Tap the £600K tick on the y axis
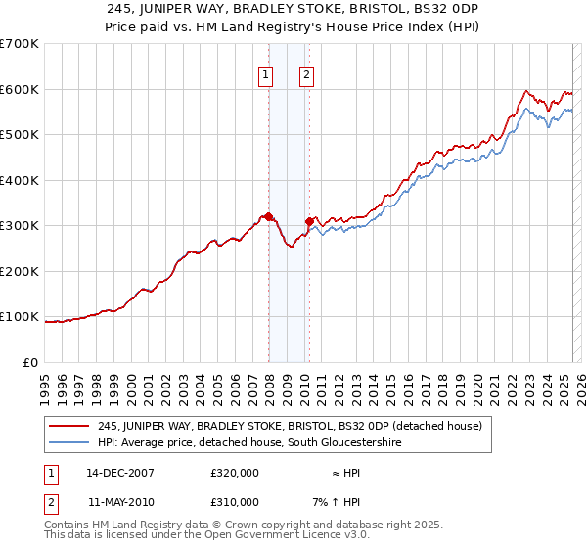click(x=20, y=89)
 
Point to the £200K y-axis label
click(x=20, y=271)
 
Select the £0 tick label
click(x=30, y=362)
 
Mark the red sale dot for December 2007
click(x=268, y=216)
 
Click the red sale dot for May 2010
click(x=309, y=221)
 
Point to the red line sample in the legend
click(x=70, y=426)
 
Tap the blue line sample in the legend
click(x=70, y=442)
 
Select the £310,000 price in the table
click(x=235, y=501)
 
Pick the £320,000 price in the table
click(x=235, y=472)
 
